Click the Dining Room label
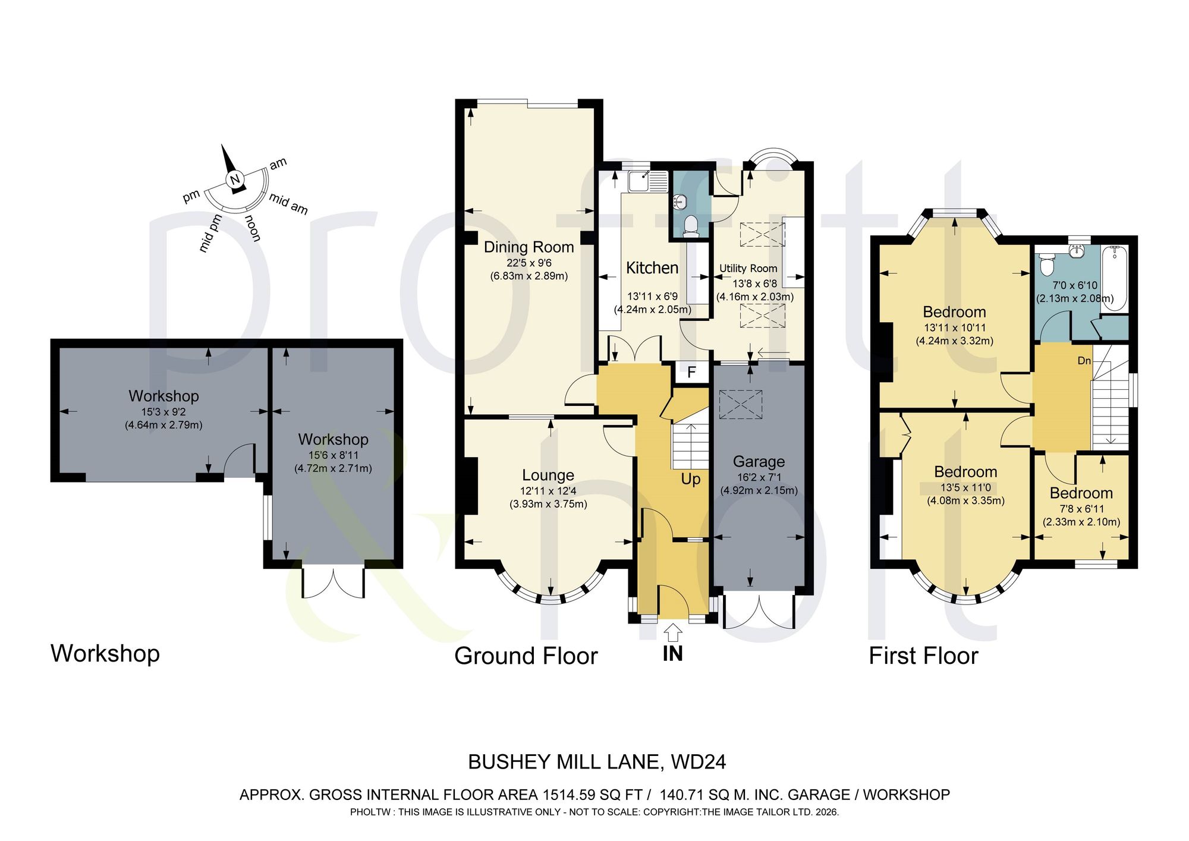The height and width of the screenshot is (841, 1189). click(x=529, y=247)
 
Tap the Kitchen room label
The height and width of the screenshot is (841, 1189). click(x=652, y=268)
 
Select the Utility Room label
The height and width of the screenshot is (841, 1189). click(x=748, y=269)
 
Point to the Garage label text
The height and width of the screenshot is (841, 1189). click(x=759, y=462)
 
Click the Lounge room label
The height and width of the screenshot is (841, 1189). click(x=548, y=475)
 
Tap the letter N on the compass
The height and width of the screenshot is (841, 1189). click(x=235, y=180)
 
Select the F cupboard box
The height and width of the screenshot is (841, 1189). click(x=692, y=373)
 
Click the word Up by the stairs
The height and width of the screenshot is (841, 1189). click(x=690, y=480)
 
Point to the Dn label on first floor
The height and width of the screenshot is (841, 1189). click(x=1084, y=361)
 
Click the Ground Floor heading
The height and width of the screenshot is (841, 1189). click(x=526, y=656)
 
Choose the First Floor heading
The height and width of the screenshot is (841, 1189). click(x=923, y=656)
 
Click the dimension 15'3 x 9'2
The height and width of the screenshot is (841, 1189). click(x=163, y=412)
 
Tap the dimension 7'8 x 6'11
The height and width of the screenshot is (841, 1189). click(x=1081, y=509)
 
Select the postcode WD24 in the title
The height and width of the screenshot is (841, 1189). click(x=699, y=762)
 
